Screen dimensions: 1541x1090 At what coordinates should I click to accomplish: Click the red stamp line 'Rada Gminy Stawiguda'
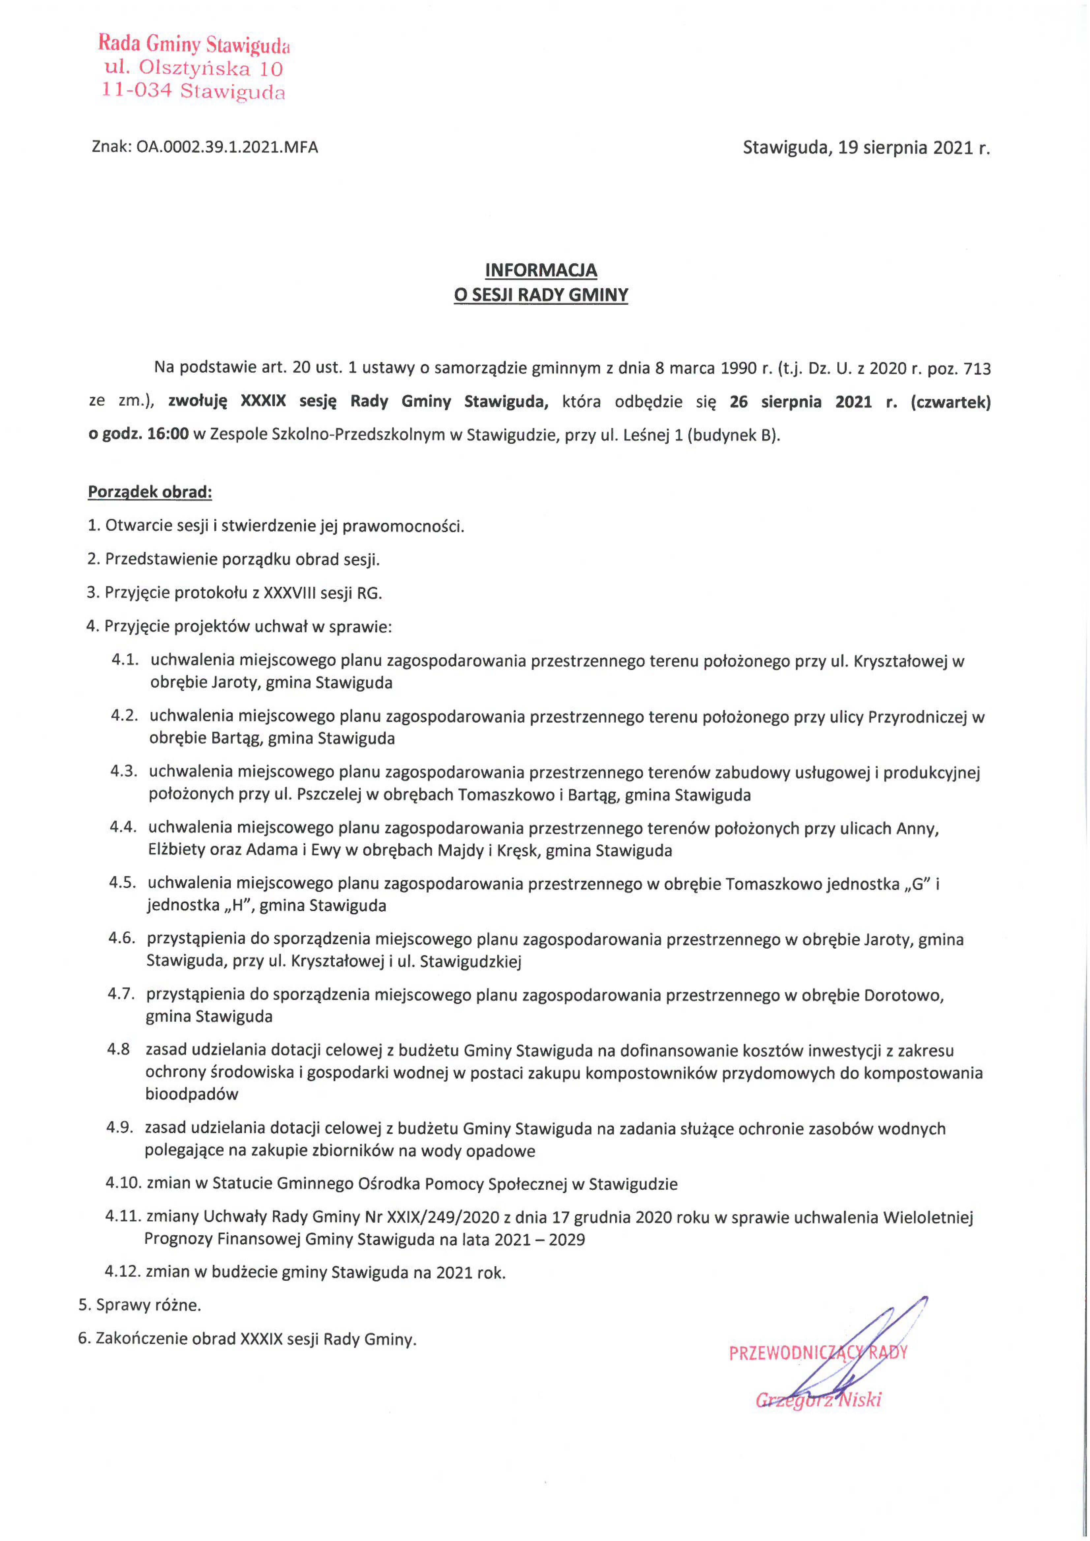pyautogui.click(x=194, y=44)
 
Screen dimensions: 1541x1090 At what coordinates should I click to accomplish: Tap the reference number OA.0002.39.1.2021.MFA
pyautogui.click(x=227, y=147)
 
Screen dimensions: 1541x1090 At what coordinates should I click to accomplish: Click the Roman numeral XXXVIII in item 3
pyautogui.click(x=293, y=593)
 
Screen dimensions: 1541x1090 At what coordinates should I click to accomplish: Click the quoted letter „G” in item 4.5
pyautogui.click(x=916, y=884)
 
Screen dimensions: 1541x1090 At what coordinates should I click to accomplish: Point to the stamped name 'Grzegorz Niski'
pyautogui.click(x=818, y=1400)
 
